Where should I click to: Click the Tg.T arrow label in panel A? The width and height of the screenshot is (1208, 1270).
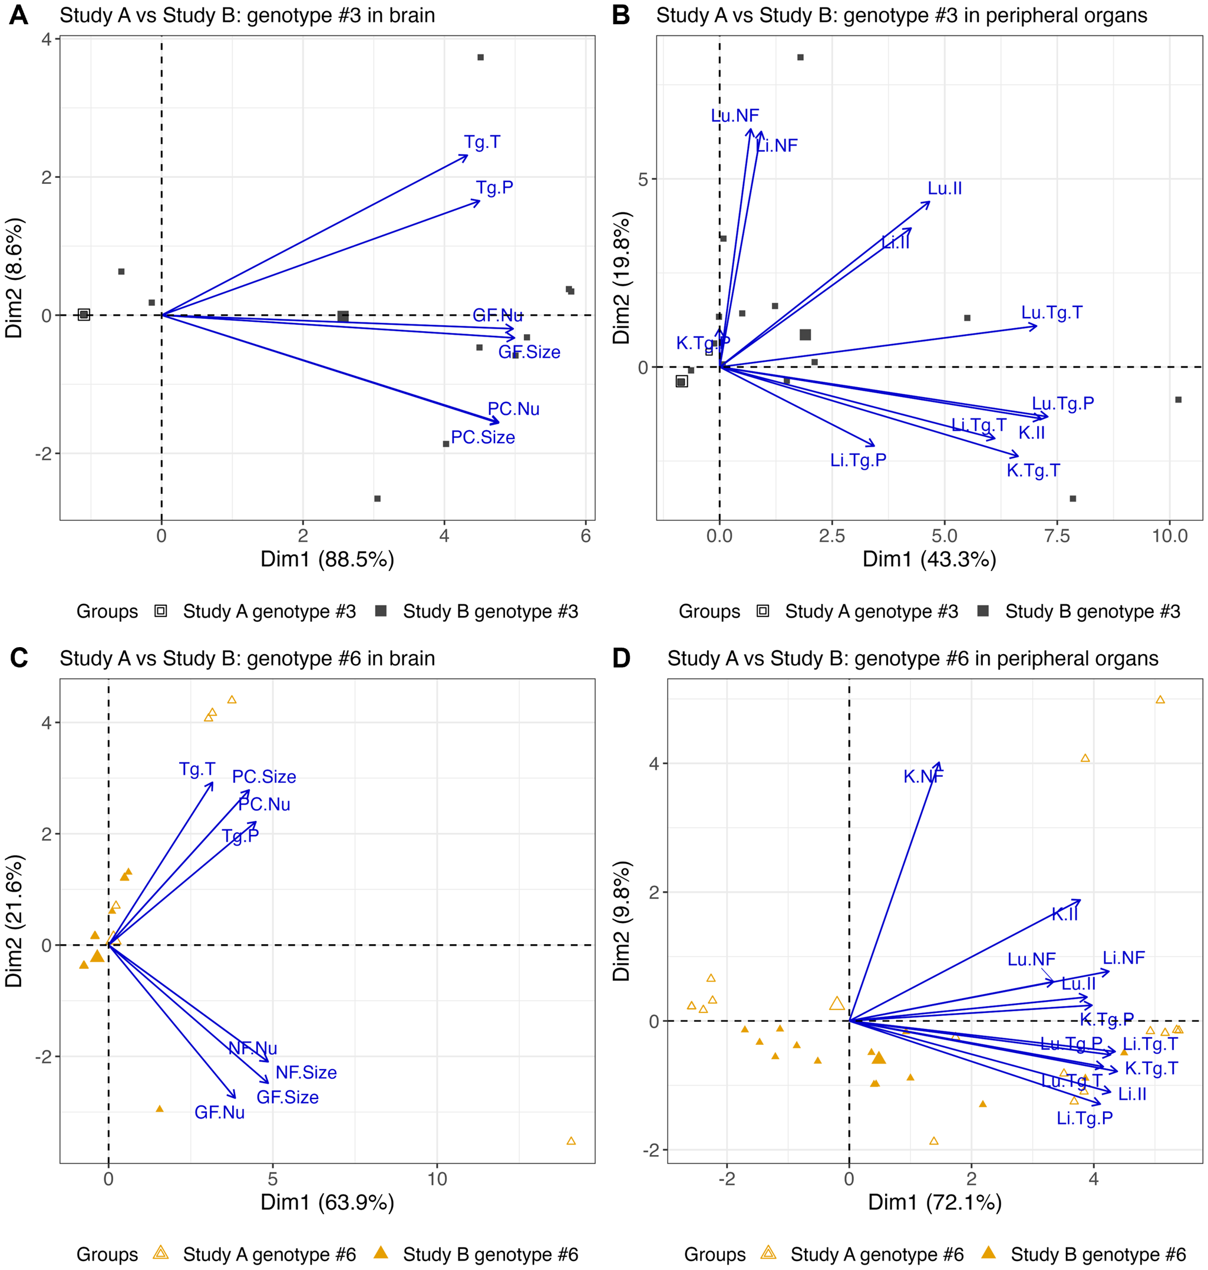(481, 143)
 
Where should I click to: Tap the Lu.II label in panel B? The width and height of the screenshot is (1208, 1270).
(944, 189)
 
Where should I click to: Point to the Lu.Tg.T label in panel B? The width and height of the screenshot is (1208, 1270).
(1051, 313)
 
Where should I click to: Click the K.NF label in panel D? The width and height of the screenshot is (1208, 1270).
(923, 777)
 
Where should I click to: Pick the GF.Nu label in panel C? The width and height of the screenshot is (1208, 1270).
(219, 1113)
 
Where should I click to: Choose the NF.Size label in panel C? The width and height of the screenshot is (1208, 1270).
(306, 1073)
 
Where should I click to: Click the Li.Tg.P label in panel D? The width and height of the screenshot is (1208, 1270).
(1084, 1118)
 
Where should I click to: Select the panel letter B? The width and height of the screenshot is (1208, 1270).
(620, 15)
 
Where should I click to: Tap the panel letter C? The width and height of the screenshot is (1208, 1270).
(19, 658)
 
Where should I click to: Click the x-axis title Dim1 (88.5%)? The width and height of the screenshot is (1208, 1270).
(327, 559)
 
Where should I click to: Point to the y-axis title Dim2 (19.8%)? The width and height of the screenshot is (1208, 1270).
(622, 278)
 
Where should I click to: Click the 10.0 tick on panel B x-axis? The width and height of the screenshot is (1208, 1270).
(1169, 536)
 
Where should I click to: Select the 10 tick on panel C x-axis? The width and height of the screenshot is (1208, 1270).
(437, 1179)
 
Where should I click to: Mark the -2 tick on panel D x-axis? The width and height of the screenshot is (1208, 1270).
(727, 1179)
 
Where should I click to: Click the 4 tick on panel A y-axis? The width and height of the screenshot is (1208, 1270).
(47, 39)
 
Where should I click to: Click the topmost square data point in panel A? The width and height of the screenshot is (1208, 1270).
(480, 57)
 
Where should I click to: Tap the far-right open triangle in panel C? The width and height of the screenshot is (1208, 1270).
(570, 1141)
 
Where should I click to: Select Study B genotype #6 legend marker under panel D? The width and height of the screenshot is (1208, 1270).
(988, 1252)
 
